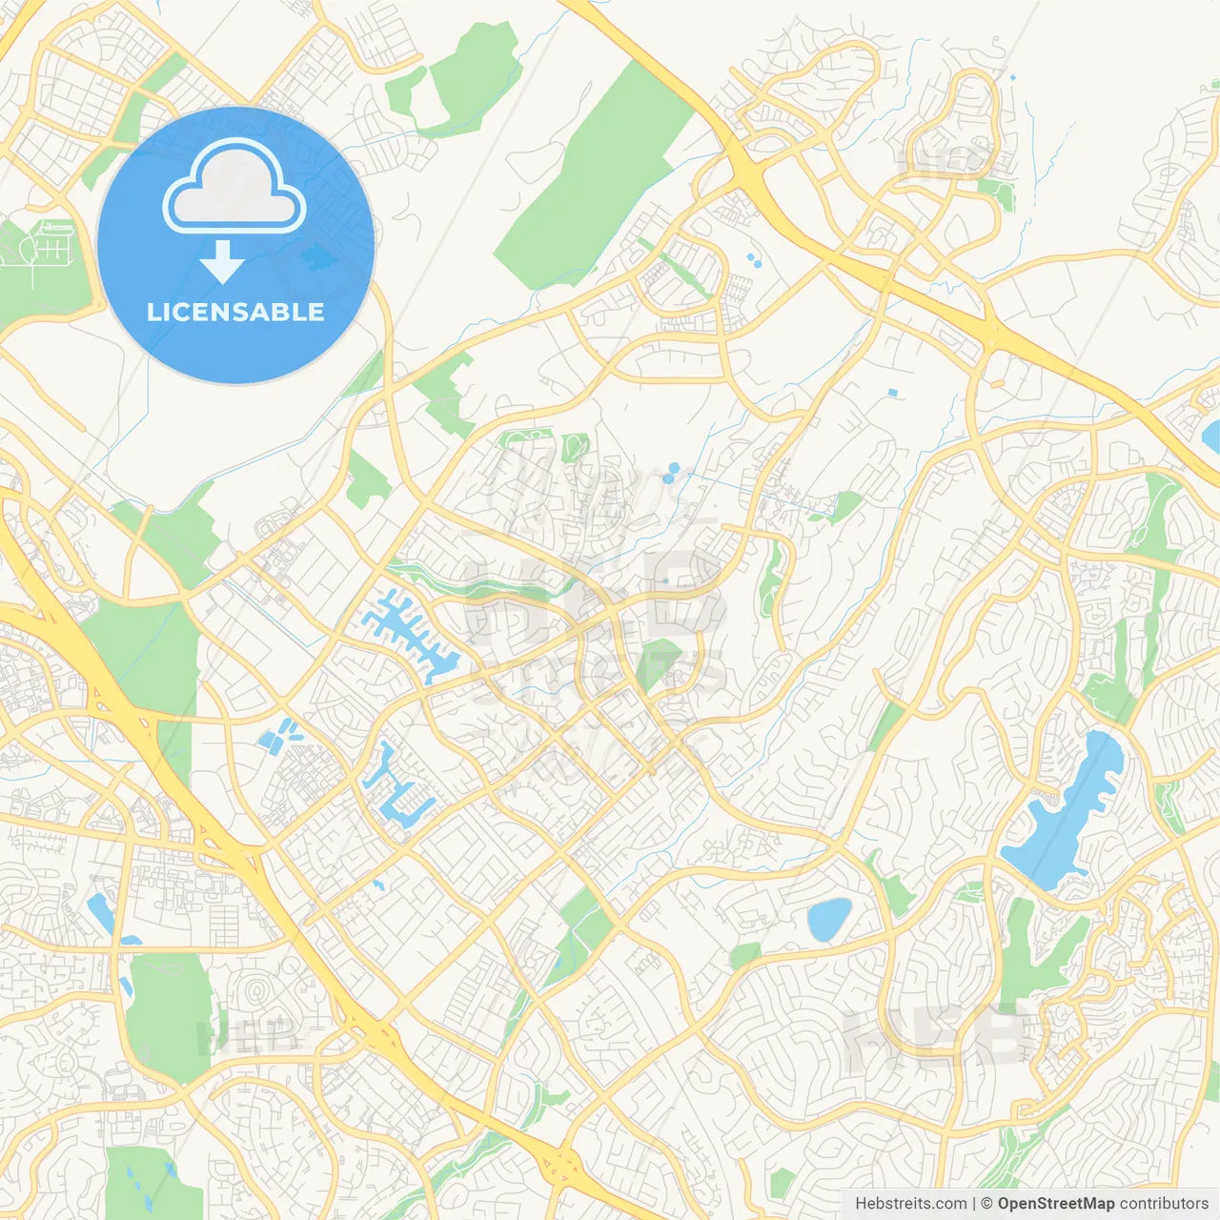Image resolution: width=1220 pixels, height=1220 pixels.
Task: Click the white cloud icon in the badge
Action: coord(234,188)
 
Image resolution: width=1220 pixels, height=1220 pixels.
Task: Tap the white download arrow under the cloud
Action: coord(222,262)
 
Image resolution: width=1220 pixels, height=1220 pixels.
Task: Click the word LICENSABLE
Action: coord(235,312)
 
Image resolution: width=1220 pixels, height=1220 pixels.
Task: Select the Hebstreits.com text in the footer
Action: coord(910,1204)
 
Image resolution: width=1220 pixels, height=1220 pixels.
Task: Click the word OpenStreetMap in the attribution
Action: coord(1055,1204)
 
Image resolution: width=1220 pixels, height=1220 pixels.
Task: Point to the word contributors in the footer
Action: coord(1164,1204)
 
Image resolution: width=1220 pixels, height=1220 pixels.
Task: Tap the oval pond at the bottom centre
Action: coord(829,919)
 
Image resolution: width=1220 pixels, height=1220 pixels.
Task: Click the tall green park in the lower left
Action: coord(170,1015)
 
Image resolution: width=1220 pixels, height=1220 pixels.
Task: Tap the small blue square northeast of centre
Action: coord(892,392)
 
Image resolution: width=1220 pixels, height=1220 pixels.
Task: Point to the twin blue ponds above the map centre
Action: coord(673,472)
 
